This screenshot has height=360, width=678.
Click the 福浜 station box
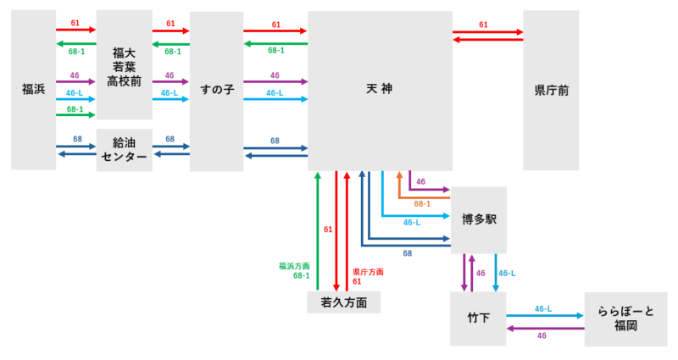[33, 89]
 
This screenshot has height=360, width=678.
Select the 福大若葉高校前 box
[124, 66]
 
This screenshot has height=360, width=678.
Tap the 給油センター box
[124, 150]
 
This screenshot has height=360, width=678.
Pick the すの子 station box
[216, 89]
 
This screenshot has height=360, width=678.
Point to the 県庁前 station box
[551, 89]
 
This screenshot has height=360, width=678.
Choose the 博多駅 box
[479, 219]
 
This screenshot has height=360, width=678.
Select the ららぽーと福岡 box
[625, 318]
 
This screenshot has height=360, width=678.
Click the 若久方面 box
[343, 302]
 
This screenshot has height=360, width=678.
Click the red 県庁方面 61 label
[367, 276]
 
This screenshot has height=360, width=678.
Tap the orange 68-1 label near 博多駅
[422, 203]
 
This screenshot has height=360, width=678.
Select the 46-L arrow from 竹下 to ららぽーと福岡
[545, 315]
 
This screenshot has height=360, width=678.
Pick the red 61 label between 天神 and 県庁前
[483, 25]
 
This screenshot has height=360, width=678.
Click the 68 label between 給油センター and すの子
[170, 139]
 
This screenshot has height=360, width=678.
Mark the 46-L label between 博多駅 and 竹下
[507, 274]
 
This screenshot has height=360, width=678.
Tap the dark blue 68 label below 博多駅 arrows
[408, 253]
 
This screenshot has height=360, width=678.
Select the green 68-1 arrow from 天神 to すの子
[275, 43]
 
